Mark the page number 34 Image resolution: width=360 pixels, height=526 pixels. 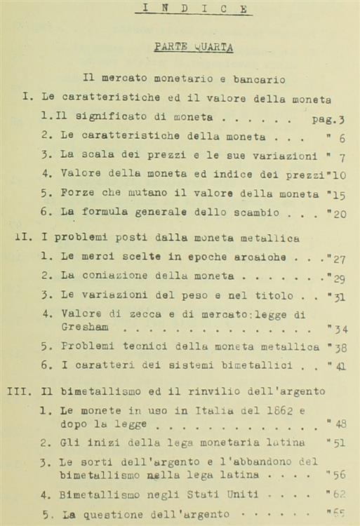[x=340, y=328]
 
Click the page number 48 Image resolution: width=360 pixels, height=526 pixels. [x=340, y=424]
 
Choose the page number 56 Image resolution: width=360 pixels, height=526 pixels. [x=340, y=474]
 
